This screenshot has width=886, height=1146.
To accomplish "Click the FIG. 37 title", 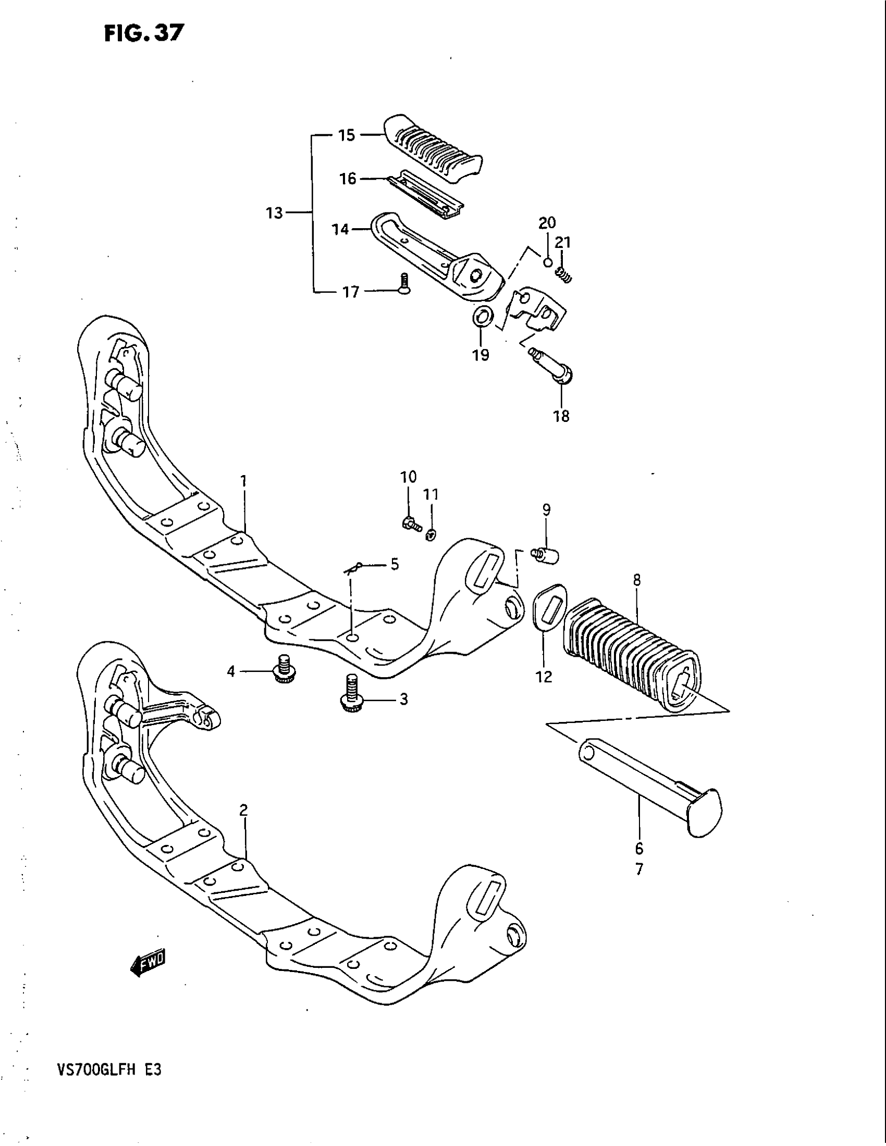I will pos(144,33).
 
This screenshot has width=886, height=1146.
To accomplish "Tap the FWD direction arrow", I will pos(147,962).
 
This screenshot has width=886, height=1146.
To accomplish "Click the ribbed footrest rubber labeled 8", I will pos(630,651).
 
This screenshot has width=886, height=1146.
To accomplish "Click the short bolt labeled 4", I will pos(284,668).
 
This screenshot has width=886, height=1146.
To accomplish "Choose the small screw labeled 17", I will pos(403,284).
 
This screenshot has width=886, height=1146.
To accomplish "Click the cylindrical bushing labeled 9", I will pos(546,555).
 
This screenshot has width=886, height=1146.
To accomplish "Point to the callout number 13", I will pos(274,213).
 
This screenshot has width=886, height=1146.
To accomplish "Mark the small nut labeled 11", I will pos(431,534).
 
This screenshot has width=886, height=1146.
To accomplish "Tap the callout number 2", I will pos(243,811).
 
